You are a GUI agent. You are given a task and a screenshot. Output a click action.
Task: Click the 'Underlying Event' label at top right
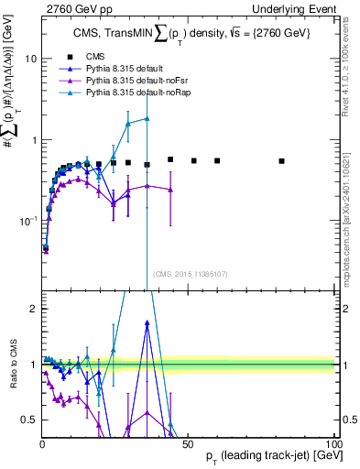(294, 8)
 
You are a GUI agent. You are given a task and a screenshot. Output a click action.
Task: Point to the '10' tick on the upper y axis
(30, 59)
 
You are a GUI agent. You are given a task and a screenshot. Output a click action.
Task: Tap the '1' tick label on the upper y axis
(33, 140)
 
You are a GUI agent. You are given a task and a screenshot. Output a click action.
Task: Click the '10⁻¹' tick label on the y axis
(27, 222)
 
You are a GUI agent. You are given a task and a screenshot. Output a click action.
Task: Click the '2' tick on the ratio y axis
(34, 309)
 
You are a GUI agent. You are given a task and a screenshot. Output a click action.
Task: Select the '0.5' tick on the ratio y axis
(29, 420)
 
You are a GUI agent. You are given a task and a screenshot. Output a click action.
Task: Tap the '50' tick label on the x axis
(188, 442)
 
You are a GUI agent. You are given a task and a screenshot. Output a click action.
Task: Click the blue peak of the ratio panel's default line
(147, 322)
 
